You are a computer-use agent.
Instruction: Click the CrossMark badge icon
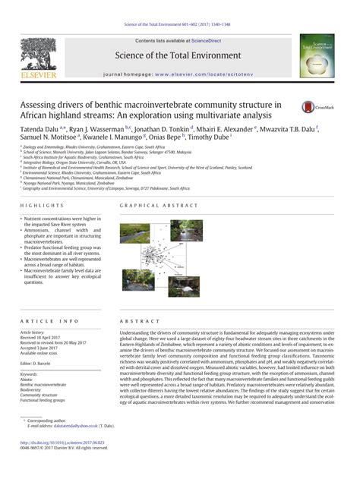312,109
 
